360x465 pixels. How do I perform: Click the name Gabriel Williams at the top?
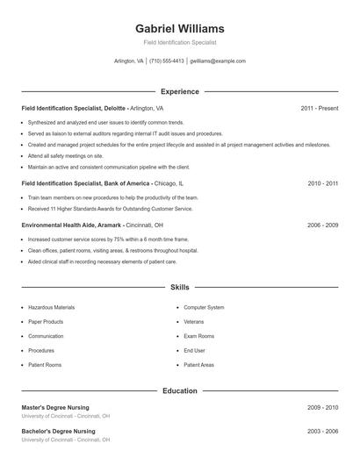coord(180,28)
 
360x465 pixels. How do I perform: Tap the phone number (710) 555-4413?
coord(167,61)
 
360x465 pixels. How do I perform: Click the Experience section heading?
coord(180,91)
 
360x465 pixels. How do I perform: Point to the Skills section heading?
coord(180,287)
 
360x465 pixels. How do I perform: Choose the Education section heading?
coord(180,390)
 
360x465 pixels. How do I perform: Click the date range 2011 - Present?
coord(319,108)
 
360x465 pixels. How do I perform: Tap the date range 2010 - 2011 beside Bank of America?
coord(322,184)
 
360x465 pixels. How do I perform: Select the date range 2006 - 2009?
coord(322,225)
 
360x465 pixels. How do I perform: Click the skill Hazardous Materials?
coord(51,308)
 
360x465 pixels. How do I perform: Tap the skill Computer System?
coord(204,308)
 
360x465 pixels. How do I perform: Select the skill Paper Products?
coord(47,322)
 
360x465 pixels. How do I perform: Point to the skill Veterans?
coord(194,322)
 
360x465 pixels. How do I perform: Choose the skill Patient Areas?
coord(198,364)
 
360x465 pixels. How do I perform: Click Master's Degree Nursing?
coord(58,408)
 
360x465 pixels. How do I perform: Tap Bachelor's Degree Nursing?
coord(59,432)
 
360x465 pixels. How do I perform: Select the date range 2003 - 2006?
coord(322,432)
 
